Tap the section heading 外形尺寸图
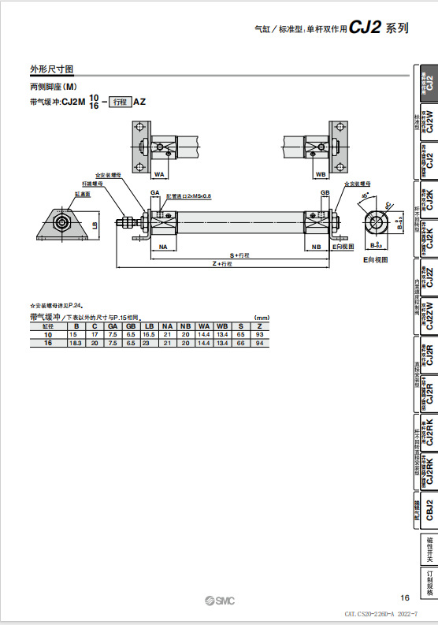tap(52, 70)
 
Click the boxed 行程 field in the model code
tap(119, 102)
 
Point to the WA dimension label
tap(158, 173)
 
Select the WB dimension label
tap(320, 173)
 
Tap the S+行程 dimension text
tap(239, 255)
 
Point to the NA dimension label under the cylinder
tap(163, 247)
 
